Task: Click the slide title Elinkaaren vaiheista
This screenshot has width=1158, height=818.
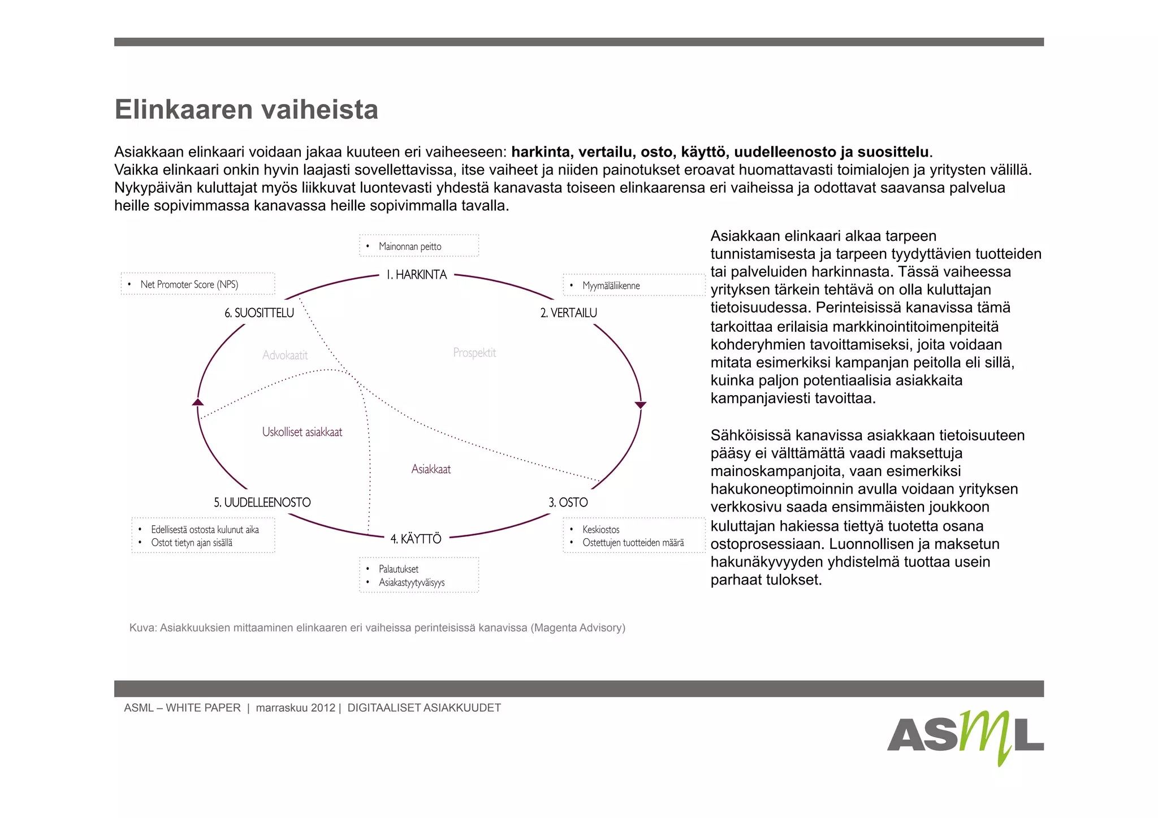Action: tap(246, 109)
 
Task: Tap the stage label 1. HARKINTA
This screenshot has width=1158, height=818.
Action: tap(417, 275)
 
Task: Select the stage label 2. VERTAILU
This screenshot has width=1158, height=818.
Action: tap(568, 313)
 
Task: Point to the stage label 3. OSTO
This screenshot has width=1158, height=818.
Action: tap(568, 503)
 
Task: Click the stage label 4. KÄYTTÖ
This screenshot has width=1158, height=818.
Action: tap(416, 539)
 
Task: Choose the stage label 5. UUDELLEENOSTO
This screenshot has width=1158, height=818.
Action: tap(262, 503)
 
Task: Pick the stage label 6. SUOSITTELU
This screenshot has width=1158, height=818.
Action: tap(260, 313)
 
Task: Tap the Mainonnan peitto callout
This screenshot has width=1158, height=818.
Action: tap(418, 246)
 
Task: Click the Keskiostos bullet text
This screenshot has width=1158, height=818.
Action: tap(601, 530)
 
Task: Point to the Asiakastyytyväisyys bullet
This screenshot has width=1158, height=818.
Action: tap(412, 583)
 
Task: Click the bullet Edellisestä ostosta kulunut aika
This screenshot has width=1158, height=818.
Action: tap(205, 530)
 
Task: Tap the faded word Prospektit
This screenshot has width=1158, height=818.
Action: tap(474, 353)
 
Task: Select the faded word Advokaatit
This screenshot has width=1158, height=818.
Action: tap(285, 356)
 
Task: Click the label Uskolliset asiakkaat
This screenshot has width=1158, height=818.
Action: tap(302, 432)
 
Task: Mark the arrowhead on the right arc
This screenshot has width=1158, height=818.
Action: tap(640, 405)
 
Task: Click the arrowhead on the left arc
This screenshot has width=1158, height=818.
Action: tap(198, 402)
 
